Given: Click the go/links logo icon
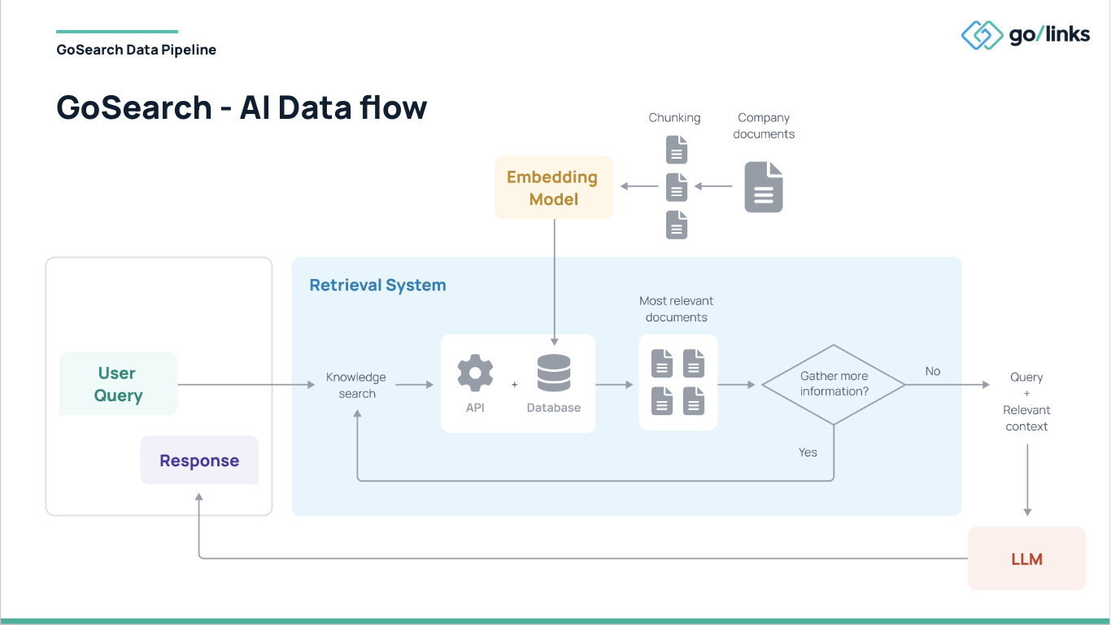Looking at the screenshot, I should [982, 35].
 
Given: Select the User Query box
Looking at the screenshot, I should [119, 384].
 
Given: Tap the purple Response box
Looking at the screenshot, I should [199, 461].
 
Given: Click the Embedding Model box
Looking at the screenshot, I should [553, 188].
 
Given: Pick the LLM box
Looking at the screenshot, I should [1026, 559].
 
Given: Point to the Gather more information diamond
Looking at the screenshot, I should [834, 384].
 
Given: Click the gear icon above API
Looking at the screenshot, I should [475, 374].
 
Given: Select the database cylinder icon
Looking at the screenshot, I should [554, 374].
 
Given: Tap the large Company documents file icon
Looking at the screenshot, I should [764, 187].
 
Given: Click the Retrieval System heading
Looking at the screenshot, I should [377, 286].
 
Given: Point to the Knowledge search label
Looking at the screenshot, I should [356, 385].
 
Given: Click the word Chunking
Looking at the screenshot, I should [674, 118].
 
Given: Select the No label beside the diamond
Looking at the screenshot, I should [932, 371].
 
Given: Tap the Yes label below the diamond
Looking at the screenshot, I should [808, 452].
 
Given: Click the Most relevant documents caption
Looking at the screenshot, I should [677, 309].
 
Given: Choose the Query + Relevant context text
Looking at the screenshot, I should [1026, 401].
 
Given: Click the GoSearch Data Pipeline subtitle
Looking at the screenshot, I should [137, 50].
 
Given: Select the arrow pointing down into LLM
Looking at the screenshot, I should [1027, 480].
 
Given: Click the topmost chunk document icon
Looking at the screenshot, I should [677, 150].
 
